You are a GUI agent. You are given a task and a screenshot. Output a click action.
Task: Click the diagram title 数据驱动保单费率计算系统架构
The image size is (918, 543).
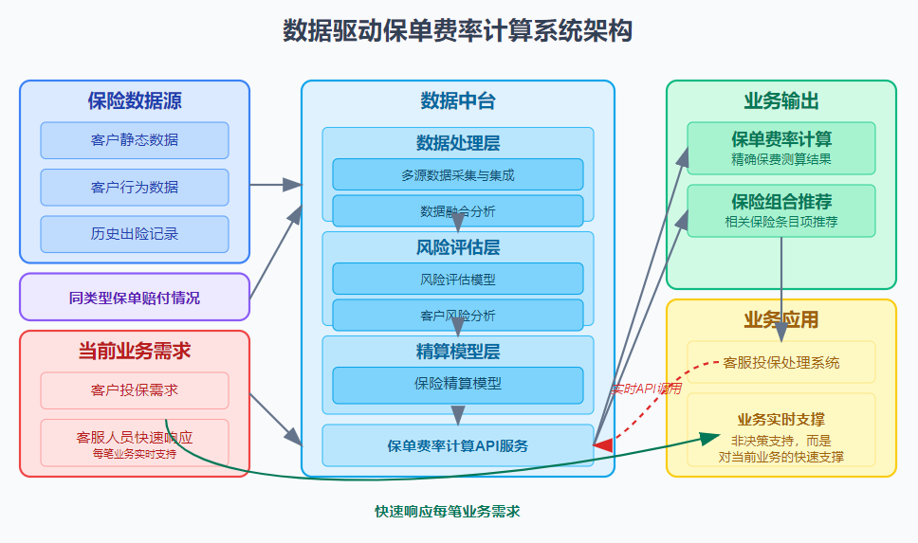[x=458, y=31]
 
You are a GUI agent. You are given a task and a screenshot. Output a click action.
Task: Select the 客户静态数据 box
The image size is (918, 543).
[x=135, y=140]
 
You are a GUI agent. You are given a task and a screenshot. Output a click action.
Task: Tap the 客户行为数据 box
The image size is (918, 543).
[x=135, y=187]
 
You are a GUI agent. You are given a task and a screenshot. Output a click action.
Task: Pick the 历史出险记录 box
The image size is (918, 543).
[x=135, y=234]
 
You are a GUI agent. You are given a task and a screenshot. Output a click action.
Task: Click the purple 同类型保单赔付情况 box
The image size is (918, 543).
[x=135, y=298]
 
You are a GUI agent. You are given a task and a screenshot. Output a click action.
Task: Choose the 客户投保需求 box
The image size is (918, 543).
[x=135, y=390]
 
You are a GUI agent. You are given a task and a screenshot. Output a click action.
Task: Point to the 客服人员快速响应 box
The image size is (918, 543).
[x=135, y=443]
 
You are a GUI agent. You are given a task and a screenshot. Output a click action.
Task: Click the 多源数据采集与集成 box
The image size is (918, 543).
[x=458, y=174]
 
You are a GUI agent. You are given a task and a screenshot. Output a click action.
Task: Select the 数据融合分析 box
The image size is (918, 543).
[x=458, y=210]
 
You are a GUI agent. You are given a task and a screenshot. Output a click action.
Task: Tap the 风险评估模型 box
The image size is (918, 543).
[x=458, y=280]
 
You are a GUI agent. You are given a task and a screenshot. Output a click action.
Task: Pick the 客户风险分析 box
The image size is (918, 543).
[x=458, y=315]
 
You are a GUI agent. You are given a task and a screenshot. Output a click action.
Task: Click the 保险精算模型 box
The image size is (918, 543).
[x=458, y=384]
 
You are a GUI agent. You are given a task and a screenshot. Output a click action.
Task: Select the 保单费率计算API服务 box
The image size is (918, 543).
[x=458, y=445]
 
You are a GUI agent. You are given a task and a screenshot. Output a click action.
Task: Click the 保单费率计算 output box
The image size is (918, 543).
[x=781, y=148]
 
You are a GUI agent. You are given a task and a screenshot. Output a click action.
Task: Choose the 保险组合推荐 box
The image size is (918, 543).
[x=781, y=210]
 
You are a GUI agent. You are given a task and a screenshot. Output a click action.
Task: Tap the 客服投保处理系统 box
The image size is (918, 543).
[x=781, y=362]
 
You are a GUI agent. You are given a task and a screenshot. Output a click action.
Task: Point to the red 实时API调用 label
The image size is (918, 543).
[x=647, y=389]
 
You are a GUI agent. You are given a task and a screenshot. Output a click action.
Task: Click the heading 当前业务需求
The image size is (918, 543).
[x=135, y=351]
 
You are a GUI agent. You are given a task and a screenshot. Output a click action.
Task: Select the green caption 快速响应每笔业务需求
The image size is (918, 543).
[x=448, y=511]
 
